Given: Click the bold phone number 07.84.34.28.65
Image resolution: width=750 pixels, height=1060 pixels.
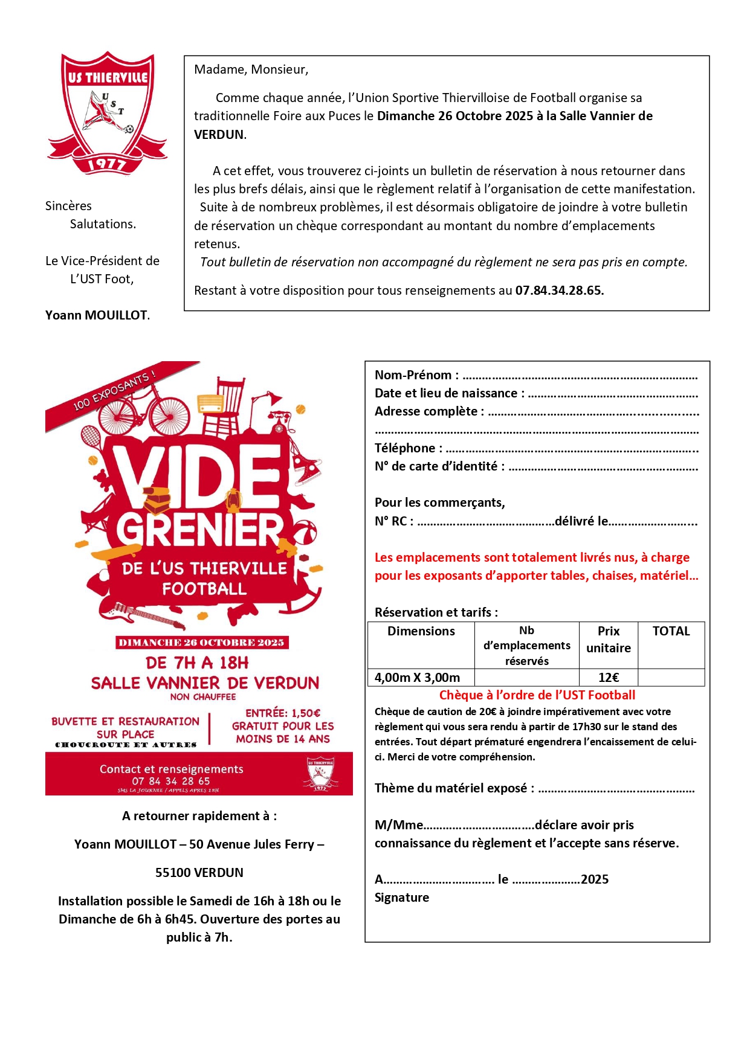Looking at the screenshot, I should (559, 291).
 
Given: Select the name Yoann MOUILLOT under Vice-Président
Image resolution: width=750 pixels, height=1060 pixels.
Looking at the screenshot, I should (97, 315).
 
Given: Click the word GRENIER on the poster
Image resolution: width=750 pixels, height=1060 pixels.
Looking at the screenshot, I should (199, 530).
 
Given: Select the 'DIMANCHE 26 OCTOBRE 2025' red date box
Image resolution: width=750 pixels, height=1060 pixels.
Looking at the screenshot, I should (202, 643).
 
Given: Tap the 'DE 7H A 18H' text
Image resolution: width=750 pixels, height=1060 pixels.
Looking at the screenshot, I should (197, 663).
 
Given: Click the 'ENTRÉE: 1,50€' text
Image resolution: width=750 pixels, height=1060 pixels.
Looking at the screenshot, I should (283, 713).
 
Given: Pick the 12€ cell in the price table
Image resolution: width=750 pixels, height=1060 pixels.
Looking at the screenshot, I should (608, 678).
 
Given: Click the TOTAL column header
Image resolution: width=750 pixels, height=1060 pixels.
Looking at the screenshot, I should (671, 632).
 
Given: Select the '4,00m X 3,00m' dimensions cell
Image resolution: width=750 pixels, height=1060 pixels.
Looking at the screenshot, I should (417, 678).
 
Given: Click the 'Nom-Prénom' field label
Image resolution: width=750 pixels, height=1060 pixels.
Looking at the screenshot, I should (416, 375).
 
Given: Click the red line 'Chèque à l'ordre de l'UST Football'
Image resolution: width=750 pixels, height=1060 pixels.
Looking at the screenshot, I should (537, 695).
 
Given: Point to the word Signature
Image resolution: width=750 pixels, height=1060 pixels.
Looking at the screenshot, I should (402, 898).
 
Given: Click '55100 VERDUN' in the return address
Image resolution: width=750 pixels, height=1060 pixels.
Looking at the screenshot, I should (199, 873).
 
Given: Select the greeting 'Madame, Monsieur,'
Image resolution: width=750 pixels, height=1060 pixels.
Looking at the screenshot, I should (251, 69).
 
